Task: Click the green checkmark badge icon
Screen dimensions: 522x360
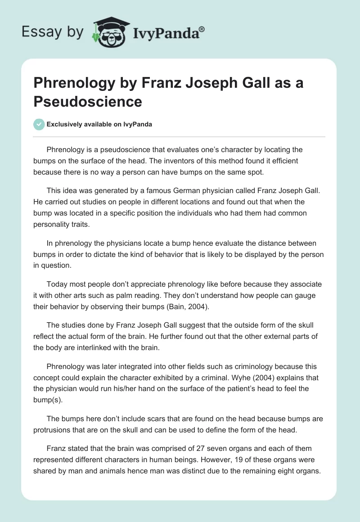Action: click(39, 124)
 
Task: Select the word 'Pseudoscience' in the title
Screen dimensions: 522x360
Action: click(88, 102)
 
